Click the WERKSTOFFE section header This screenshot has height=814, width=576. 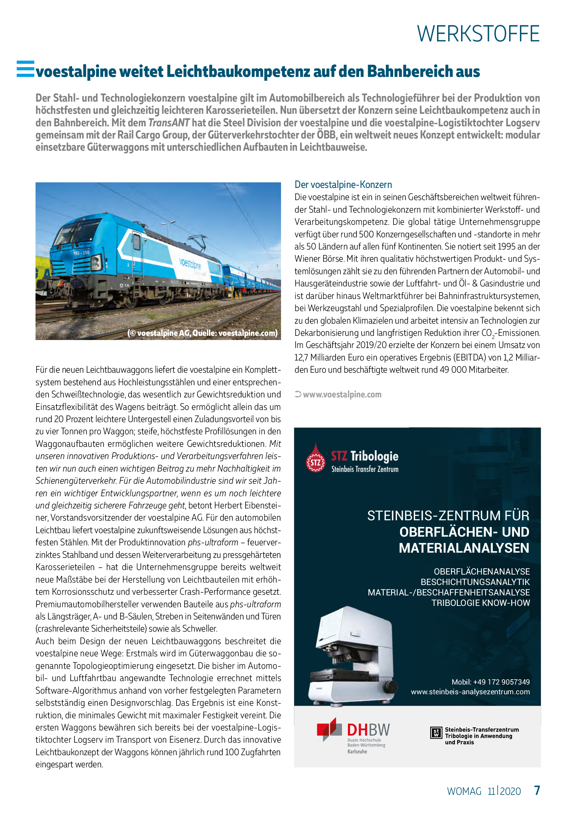point(478,34)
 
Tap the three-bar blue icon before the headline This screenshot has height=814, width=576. point(25,69)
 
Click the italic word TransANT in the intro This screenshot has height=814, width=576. point(169,123)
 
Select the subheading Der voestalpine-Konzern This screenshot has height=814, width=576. point(343,184)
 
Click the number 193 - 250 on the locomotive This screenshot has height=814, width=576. point(81,253)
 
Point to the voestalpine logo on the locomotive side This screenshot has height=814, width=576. point(190,264)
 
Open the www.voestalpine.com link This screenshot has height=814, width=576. point(342,394)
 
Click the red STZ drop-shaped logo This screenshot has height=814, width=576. point(315,458)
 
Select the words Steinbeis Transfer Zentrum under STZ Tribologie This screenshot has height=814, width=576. point(365,469)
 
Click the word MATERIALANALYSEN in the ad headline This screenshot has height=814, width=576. point(464,548)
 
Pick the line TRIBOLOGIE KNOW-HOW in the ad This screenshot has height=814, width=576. point(480,603)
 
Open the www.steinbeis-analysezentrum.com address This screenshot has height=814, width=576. point(470,692)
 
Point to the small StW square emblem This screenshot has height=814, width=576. point(436,732)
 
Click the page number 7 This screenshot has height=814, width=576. point(537,790)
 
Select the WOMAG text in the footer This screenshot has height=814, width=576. point(464,791)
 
